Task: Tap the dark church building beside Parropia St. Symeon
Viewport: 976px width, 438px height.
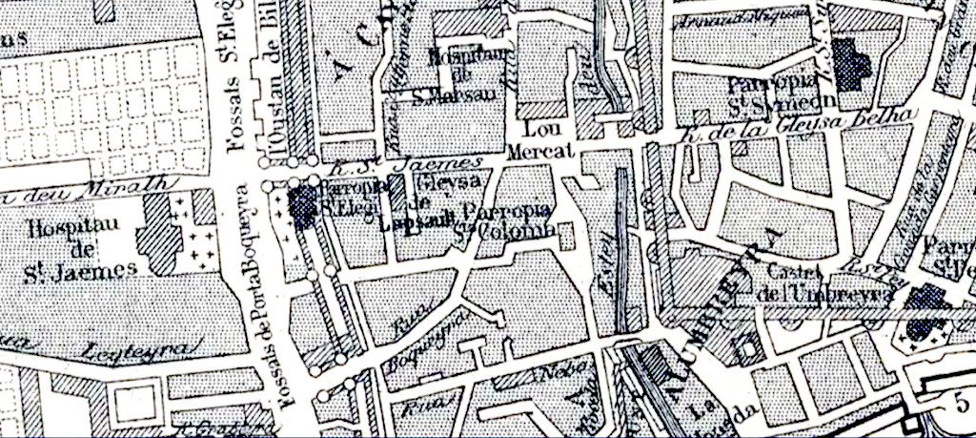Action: point(853,60)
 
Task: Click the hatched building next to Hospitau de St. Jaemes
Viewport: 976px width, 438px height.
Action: point(159,233)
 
